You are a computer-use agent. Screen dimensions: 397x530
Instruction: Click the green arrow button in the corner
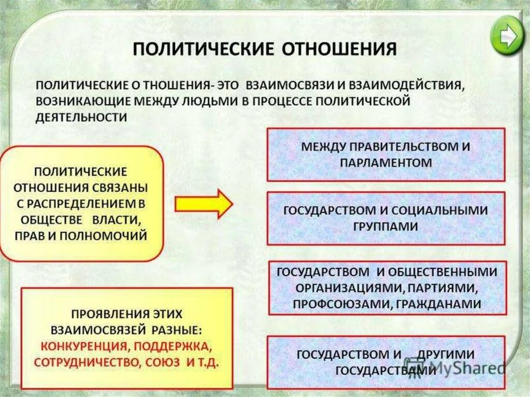(506, 35)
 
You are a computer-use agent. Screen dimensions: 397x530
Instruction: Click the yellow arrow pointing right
(203, 203)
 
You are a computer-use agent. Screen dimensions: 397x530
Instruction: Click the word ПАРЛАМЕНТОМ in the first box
(386, 162)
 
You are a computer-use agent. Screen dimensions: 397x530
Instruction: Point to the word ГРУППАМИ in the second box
(386, 226)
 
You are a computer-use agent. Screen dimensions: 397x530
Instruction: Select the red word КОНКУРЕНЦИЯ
(77, 345)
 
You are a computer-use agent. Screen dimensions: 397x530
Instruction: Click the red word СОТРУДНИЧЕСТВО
(84, 362)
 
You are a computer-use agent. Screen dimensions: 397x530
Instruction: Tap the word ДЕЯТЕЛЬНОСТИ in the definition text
(81, 117)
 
